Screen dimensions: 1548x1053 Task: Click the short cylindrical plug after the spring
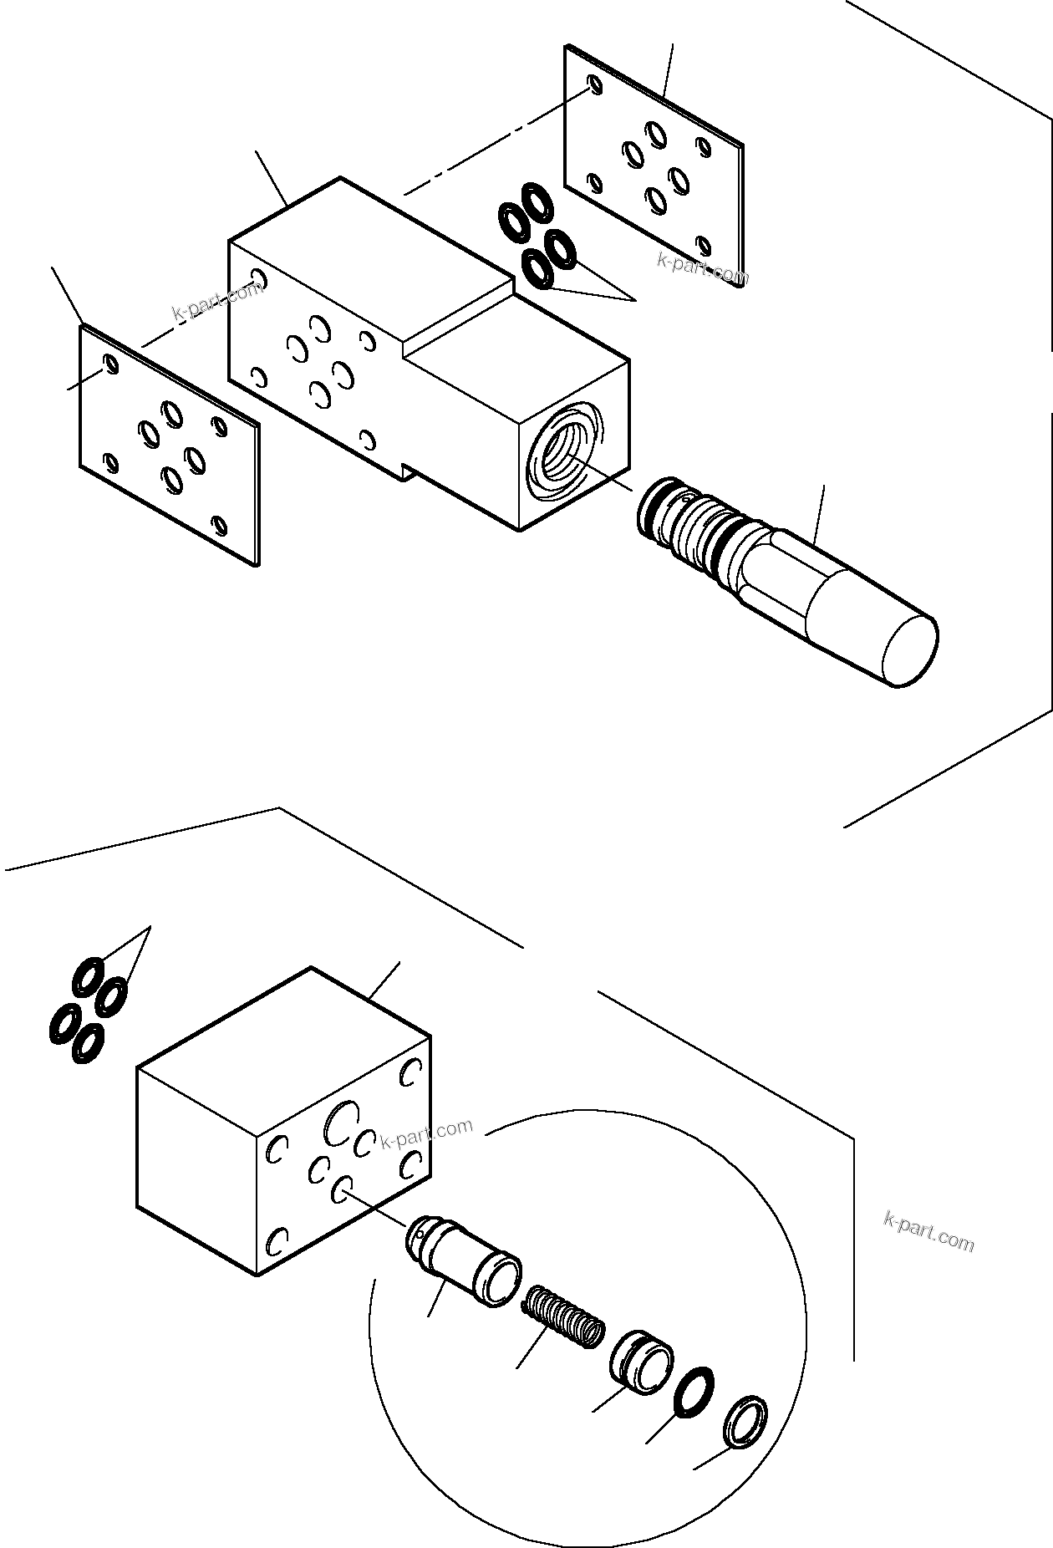click(x=641, y=1361)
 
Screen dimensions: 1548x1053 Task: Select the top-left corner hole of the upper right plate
click(x=593, y=84)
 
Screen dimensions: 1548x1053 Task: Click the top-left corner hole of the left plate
click(x=109, y=362)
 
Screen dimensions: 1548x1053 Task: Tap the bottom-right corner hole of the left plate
click(x=220, y=525)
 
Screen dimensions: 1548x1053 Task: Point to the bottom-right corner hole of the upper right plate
click(x=704, y=245)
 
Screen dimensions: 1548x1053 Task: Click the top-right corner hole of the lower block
click(x=411, y=1072)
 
